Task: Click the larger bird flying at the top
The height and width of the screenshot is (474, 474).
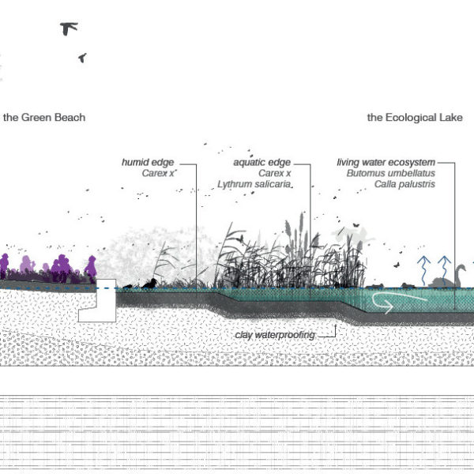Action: (x=70, y=28)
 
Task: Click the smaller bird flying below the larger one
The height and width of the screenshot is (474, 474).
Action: (x=82, y=58)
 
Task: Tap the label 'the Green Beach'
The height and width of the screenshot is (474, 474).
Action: (x=44, y=118)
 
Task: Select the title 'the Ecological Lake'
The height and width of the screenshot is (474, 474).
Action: (x=415, y=118)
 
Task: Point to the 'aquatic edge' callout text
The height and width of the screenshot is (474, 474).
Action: (x=258, y=162)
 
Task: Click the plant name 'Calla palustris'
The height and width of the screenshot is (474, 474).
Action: (x=405, y=184)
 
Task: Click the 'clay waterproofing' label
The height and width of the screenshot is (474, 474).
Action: (x=275, y=335)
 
